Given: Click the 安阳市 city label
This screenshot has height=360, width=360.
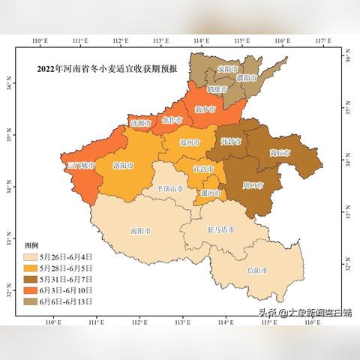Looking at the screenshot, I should point(226,69).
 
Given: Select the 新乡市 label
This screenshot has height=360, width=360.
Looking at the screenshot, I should point(205,109).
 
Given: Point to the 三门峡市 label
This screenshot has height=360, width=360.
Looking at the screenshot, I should point(80,165).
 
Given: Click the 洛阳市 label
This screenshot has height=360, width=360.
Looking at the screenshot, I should point(123,165).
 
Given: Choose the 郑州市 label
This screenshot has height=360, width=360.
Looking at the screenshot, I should point(190,142).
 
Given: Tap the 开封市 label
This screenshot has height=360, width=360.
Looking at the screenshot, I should point(232,141).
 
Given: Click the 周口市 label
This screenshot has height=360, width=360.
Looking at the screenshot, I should point(253,184).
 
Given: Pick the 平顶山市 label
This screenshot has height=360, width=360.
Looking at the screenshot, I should point(169,189).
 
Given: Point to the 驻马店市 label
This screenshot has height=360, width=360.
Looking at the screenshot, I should point(220,229).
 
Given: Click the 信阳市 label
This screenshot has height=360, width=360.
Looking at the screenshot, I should point(257,269).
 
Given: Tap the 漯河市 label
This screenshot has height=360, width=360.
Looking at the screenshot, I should point(211,192).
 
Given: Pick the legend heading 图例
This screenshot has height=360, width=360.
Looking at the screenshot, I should point(31,244).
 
